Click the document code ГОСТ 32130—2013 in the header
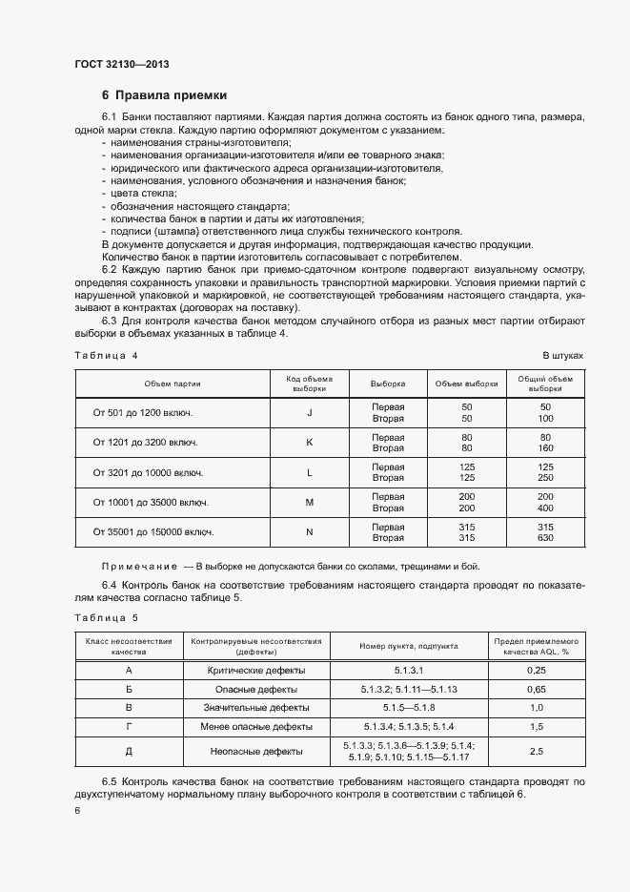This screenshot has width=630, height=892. [x=121, y=64]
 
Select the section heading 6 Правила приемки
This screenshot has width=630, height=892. [x=164, y=95]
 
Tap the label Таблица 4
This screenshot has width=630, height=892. [x=106, y=356]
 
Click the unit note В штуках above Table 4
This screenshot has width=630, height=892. [x=562, y=356]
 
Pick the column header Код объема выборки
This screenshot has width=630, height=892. [x=309, y=384]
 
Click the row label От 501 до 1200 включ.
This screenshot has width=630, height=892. [x=143, y=412]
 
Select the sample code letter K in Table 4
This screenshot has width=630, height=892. [x=309, y=442]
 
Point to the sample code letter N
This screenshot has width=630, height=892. [x=309, y=531]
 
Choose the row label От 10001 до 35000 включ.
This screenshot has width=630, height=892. [x=151, y=502]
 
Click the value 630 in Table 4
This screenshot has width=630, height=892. [x=545, y=537]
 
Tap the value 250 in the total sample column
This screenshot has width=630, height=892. [x=545, y=478]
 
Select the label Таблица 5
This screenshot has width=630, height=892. [x=106, y=618]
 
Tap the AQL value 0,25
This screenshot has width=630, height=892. [x=536, y=672]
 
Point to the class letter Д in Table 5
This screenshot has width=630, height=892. [x=128, y=751]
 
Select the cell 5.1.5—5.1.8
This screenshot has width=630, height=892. [x=409, y=707]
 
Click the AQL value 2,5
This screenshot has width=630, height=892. [x=536, y=751]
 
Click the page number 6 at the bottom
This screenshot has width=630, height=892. [x=76, y=810]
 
